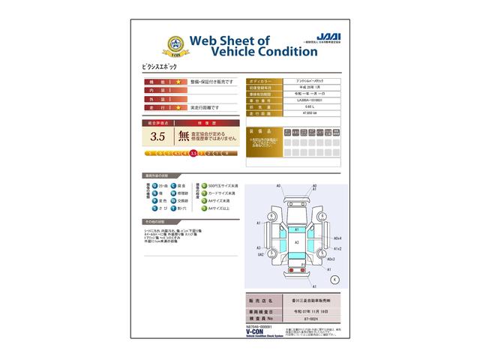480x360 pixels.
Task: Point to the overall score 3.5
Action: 157,136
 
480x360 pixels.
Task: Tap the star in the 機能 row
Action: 178,80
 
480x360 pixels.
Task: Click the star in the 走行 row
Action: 178,107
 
